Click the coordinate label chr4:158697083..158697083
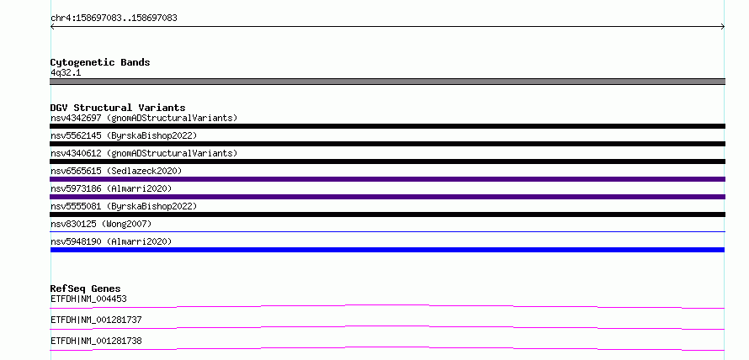click(x=114, y=19)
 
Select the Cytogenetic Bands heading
click(x=100, y=62)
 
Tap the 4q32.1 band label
click(x=66, y=73)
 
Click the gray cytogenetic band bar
click(x=387, y=82)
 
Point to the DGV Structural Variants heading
click(x=118, y=108)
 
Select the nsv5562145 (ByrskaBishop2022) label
click(x=124, y=135)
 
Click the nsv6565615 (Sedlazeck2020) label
click(x=116, y=171)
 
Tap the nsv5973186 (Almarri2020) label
click(x=111, y=188)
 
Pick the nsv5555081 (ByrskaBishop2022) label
click(x=124, y=206)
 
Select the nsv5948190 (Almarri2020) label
click(x=111, y=241)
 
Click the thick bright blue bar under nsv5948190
click(x=387, y=250)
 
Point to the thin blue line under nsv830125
click(x=387, y=232)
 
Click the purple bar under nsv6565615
click(x=387, y=179)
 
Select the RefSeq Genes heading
click(x=86, y=289)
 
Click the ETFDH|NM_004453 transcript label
click(x=88, y=299)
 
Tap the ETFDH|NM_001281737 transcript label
click(x=96, y=320)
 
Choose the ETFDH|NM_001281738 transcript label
click(x=96, y=341)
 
